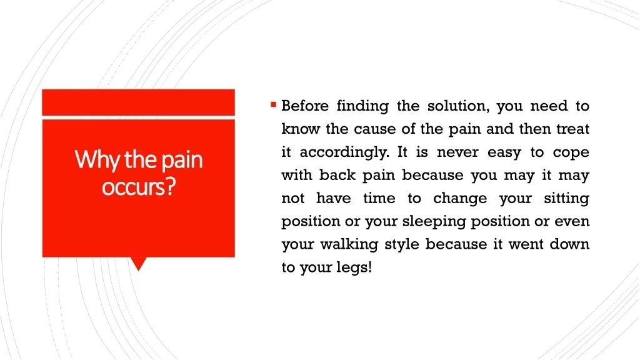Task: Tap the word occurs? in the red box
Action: coord(139,187)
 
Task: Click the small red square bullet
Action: coord(274,105)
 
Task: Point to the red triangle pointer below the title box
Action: coord(138,264)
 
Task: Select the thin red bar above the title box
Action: coord(138,102)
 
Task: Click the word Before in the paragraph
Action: coord(305,106)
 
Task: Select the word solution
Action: coord(458,106)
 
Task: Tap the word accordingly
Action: coord(345,153)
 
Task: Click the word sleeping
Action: coord(434,222)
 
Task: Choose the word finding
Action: coord(362,106)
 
